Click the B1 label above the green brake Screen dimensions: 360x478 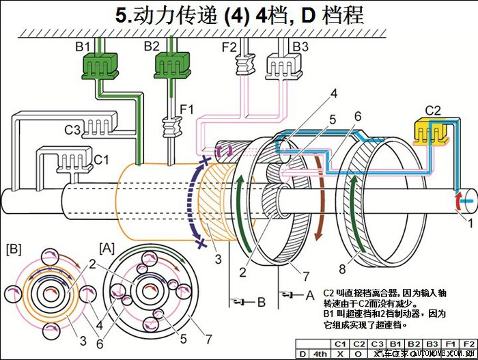point(83,46)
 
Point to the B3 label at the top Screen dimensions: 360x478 point(300,46)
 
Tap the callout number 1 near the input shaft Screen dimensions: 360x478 point(469,222)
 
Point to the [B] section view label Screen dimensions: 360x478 point(14,245)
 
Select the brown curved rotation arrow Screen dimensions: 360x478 point(322,198)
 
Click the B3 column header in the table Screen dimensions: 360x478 point(431,344)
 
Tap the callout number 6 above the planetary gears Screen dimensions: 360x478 point(356,117)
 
